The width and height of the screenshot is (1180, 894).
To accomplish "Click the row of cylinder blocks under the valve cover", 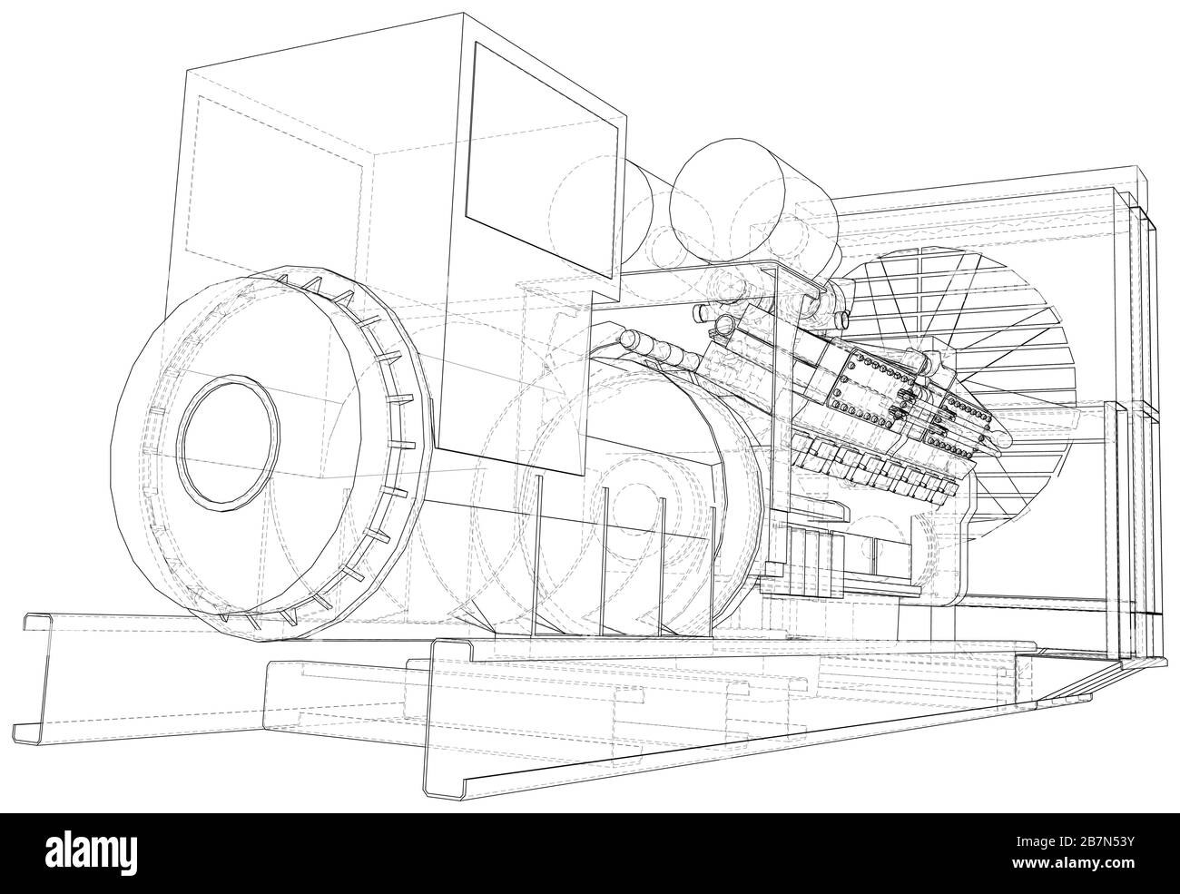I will (871, 463).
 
